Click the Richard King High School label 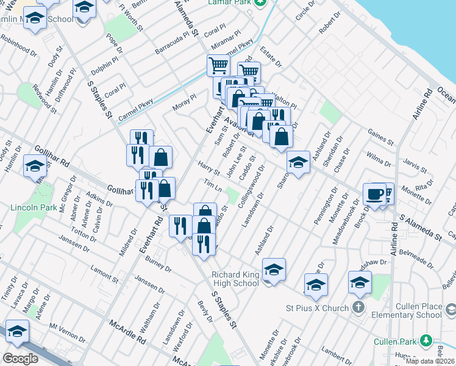tap(235, 279)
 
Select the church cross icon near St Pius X tap(360, 308)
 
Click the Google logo tap(20, 358)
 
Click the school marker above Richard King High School tap(274, 269)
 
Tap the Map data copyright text tap(429, 361)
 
